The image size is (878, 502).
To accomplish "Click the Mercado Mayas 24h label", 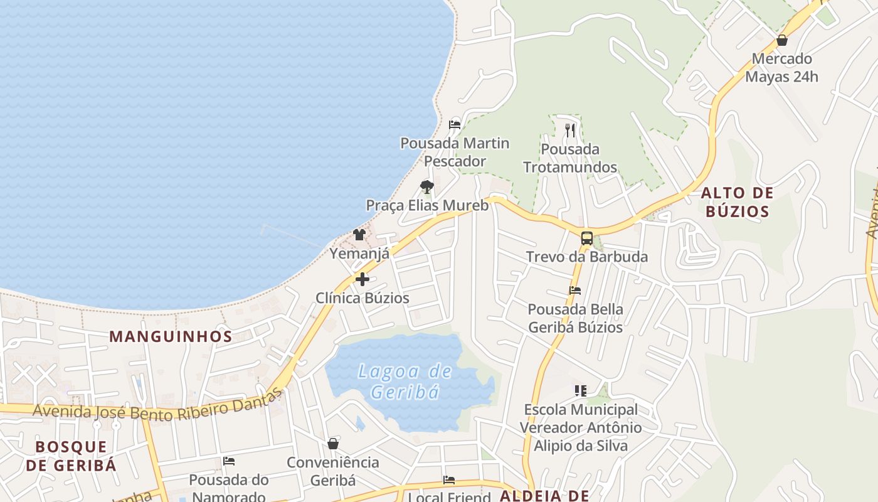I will coord(781,68).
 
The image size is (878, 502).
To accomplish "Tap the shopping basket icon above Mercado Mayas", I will coord(782,41).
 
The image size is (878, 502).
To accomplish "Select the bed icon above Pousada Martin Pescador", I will coord(455,124).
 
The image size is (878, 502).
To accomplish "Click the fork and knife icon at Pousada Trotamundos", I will coord(570,131).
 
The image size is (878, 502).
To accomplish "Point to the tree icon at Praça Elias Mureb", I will coord(427,186).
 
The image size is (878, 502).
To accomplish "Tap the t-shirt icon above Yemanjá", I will coord(359,235).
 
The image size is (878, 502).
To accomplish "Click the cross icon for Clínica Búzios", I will coord(362,279).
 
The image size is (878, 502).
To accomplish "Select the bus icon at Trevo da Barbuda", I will coord(586,238).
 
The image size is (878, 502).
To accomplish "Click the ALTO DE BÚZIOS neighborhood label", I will coord(737,202).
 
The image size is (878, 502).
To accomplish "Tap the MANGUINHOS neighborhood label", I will coord(171,336).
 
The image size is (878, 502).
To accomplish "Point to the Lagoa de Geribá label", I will coord(405,382).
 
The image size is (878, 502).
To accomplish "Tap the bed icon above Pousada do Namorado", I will coord(229,461).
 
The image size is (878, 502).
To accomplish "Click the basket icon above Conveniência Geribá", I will coord(333,444).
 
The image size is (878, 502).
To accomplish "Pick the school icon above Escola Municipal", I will coord(580,391).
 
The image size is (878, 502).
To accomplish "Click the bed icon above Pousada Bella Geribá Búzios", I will coord(575,291).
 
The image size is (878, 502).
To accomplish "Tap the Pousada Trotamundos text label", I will coord(570,158).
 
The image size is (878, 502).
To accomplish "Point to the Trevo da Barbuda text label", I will coord(586,257).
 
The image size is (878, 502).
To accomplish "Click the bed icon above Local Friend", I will coord(449,480).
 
